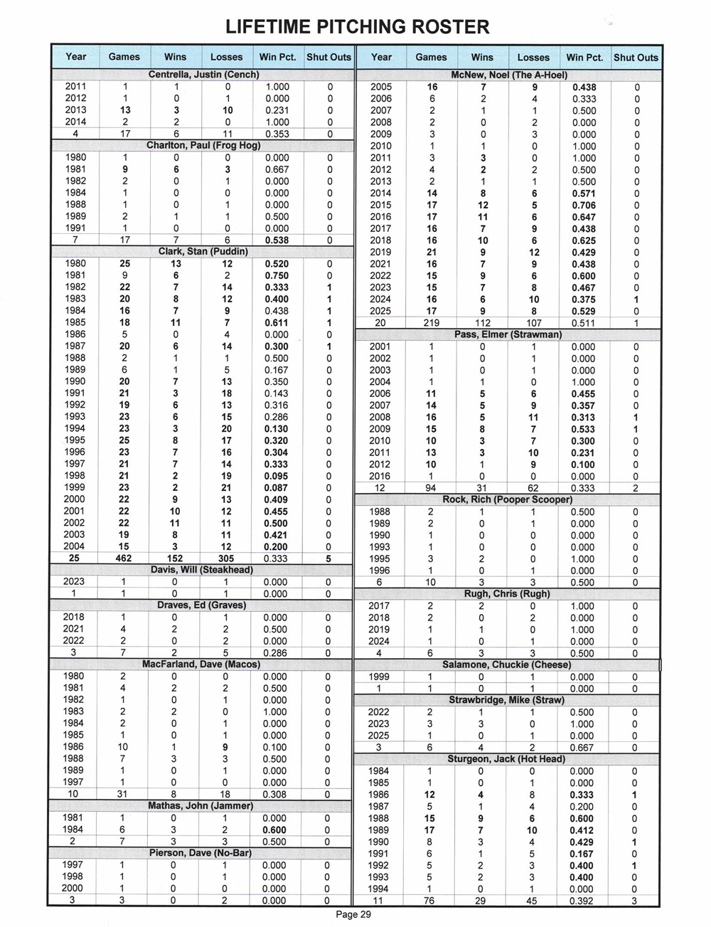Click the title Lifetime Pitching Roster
pos(357,27)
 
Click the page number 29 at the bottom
pos(353,914)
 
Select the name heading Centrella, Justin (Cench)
pos(203,75)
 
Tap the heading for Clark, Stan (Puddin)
pos(203,251)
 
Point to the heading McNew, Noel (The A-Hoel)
pos(509,75)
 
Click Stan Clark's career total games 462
pos(124,558)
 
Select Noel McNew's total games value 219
pos(431,323)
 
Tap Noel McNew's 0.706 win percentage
pos(584,205)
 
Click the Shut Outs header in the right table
pos(636,57)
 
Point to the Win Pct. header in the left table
pos(277,57)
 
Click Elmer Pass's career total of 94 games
pos(431,488)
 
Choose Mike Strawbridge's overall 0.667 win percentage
pos(584,748)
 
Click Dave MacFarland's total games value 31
pos(124,794)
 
